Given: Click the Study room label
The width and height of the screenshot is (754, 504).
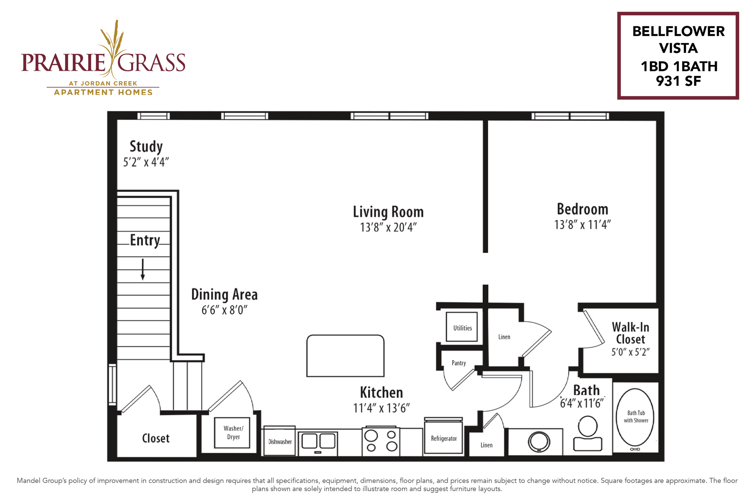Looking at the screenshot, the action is coord(146,147).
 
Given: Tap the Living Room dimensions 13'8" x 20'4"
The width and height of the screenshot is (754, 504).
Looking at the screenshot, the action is coord(388,228).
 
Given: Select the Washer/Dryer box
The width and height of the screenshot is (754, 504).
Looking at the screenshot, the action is coord(232,433).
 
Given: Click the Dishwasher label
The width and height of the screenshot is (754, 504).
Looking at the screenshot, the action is coord(280,442).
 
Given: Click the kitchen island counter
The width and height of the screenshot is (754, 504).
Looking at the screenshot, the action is coord(345,355).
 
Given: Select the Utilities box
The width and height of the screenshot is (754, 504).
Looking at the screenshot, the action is coord(462,327).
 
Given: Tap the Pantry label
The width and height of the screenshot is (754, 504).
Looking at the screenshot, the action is coord(459,363).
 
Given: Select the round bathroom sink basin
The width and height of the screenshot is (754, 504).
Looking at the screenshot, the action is coord(539,442).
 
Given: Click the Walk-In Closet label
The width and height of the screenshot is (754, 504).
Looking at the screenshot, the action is coord(631,333).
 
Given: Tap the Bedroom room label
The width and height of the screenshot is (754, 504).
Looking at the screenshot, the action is coord(583,209).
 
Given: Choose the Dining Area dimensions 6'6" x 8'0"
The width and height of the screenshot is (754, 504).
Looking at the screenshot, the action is coord(224,310).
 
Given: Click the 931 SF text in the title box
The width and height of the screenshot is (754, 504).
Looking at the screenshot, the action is coord(678,81).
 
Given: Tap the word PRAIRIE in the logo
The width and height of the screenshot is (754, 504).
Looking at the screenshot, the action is coord(63,62).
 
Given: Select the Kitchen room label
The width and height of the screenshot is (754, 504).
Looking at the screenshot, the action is coord(381,392).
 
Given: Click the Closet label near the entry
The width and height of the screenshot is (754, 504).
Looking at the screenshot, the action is coord(156,438).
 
